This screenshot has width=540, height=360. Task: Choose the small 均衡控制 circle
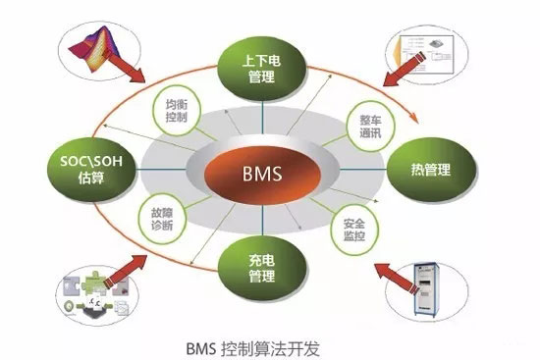[x=175, y=110]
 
